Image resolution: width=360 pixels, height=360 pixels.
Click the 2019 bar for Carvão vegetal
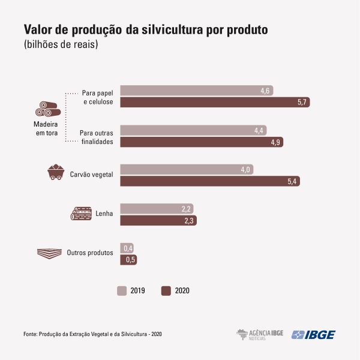click(x=187, y=169)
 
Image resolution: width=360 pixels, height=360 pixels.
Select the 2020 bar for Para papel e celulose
click(x=215, y=102)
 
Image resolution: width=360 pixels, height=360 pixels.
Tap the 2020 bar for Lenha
click(x=158, y=220)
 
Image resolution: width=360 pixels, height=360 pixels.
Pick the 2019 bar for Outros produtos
click(x=127, y=248)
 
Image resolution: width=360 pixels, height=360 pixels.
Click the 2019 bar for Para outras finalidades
click(x=193, y=130)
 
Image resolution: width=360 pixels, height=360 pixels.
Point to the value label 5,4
click(x=292, y=181)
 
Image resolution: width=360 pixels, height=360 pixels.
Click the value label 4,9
click(x=275, y=142)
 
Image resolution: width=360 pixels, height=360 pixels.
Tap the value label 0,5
click(x=130, y=260)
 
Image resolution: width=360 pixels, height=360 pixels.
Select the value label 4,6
click(x=265, y=91)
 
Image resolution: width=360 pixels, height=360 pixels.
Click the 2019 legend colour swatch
click(x=122, y=290)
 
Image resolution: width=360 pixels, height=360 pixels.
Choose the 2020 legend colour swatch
click(x=166, y=290)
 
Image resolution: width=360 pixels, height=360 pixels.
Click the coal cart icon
click(x=56, y=172)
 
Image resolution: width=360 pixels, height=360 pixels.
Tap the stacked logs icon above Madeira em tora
click(x=48, y=109)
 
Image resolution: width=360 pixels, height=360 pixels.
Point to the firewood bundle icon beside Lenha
click(x=81, y=214)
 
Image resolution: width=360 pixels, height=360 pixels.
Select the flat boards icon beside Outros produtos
click(x=49, y=253)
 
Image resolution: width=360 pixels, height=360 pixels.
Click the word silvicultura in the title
click(x=172, y=29)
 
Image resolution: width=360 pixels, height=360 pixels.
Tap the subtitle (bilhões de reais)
click(x=61, y=44)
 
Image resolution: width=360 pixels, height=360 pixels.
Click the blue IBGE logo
click(x=313, y=335)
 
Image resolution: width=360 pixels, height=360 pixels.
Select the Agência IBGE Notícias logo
click(x=260, y=335)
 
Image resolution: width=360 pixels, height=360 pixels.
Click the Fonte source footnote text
click(x=92, y=334)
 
